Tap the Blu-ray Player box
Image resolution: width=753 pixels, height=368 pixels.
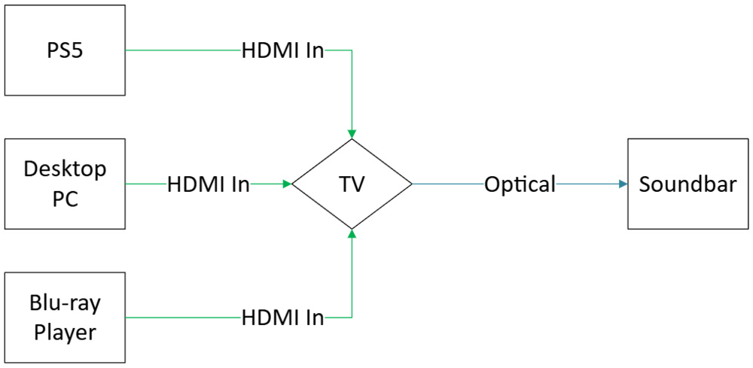coord(65,318)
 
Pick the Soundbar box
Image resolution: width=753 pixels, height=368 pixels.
coord(687,184)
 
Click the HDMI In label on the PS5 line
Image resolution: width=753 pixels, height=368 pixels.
coord(282,50)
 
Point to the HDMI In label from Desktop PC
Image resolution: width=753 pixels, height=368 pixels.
coord(209,184)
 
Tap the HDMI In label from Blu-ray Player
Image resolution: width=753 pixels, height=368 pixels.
coord(282,318)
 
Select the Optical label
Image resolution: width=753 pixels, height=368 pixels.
coord(520,184)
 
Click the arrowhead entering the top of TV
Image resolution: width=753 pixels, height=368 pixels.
coord(352,132)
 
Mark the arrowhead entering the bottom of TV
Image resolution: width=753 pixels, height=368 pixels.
coord(352,235)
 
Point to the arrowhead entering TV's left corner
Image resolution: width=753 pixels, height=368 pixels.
coord(286,184)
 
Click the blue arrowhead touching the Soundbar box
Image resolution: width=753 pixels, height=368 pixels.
coord(623,184)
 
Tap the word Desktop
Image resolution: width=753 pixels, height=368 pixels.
coord(65,169)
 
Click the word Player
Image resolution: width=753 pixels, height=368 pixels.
coord(65,332)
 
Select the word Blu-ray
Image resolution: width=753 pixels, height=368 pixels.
coord(65,304)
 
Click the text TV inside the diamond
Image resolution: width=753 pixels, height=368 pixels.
coord(352,184)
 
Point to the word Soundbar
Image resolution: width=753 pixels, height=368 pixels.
coord(687,184)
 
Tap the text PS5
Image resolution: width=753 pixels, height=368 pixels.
coord(65,51)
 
